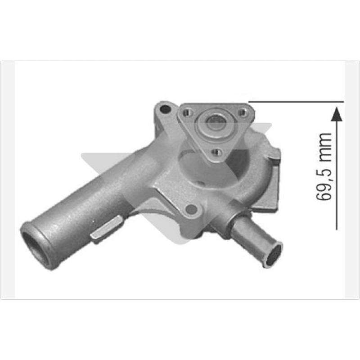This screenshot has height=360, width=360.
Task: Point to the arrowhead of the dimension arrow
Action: point(337,114)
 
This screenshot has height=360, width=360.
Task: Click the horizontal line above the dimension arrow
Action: point(296,102)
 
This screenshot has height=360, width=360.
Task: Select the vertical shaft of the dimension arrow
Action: point(337,175)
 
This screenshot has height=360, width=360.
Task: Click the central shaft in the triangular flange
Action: point(214,124)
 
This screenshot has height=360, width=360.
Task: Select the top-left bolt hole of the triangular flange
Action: point(187,112)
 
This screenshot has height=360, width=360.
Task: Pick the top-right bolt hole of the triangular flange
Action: point(242,113)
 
